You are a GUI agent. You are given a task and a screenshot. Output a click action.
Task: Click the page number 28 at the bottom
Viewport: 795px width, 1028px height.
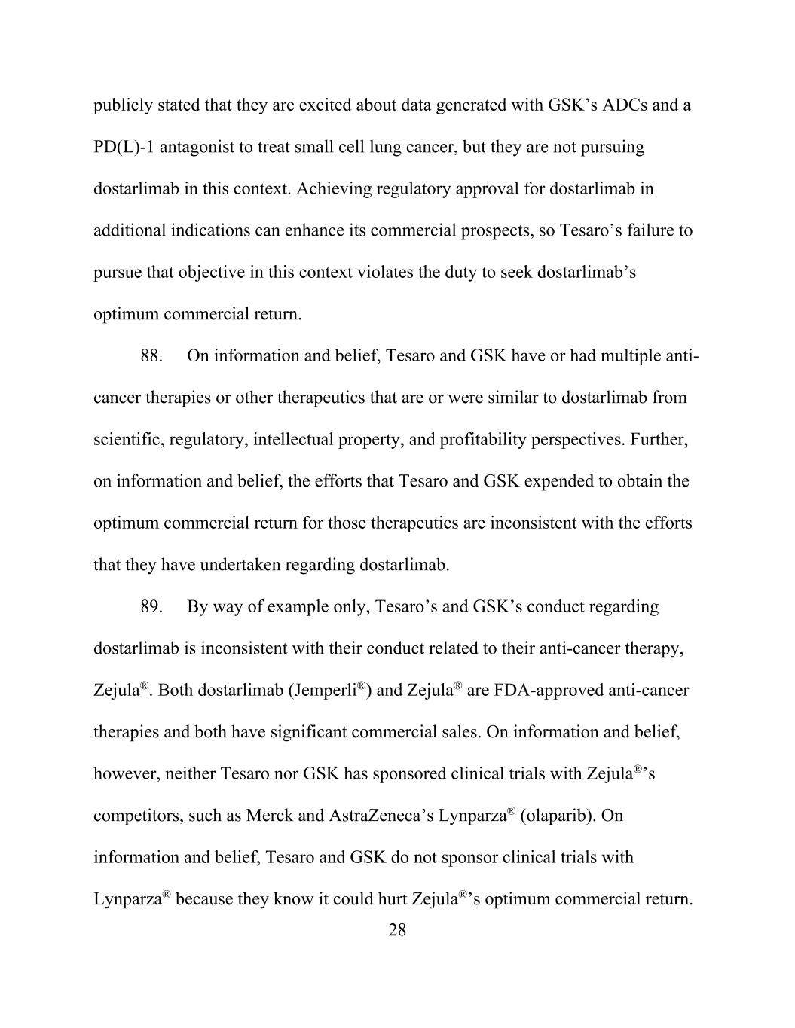[x=397, y=930]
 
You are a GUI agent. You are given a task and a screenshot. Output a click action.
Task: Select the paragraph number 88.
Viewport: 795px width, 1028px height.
[x=151, y=356]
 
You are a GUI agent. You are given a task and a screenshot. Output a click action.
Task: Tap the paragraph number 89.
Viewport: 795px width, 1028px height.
[x=151, y=607]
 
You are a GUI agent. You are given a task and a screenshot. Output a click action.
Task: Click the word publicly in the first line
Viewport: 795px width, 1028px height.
[x=121, y=105]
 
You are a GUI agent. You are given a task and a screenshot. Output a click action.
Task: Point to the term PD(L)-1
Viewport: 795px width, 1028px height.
[x=124, y=147]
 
